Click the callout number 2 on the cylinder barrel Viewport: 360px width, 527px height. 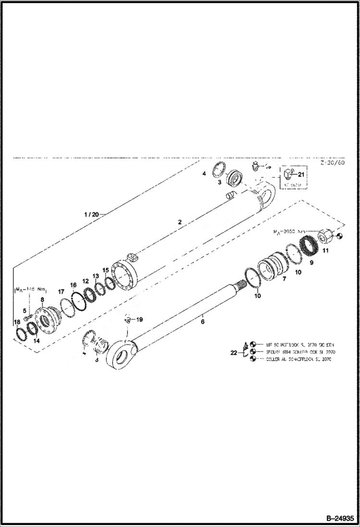coord(179,222)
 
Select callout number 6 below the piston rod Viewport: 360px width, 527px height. coord(202,321)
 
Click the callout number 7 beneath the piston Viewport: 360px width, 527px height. coord(284,279)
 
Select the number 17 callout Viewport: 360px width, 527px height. coord(61,292)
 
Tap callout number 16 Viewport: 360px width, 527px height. coord(74,285)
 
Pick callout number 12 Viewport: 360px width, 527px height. coord(85,281)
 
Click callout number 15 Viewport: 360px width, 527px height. coord(105,270)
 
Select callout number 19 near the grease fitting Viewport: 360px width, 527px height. coord(139,319)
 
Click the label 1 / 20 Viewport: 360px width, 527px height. coord(91,214)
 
